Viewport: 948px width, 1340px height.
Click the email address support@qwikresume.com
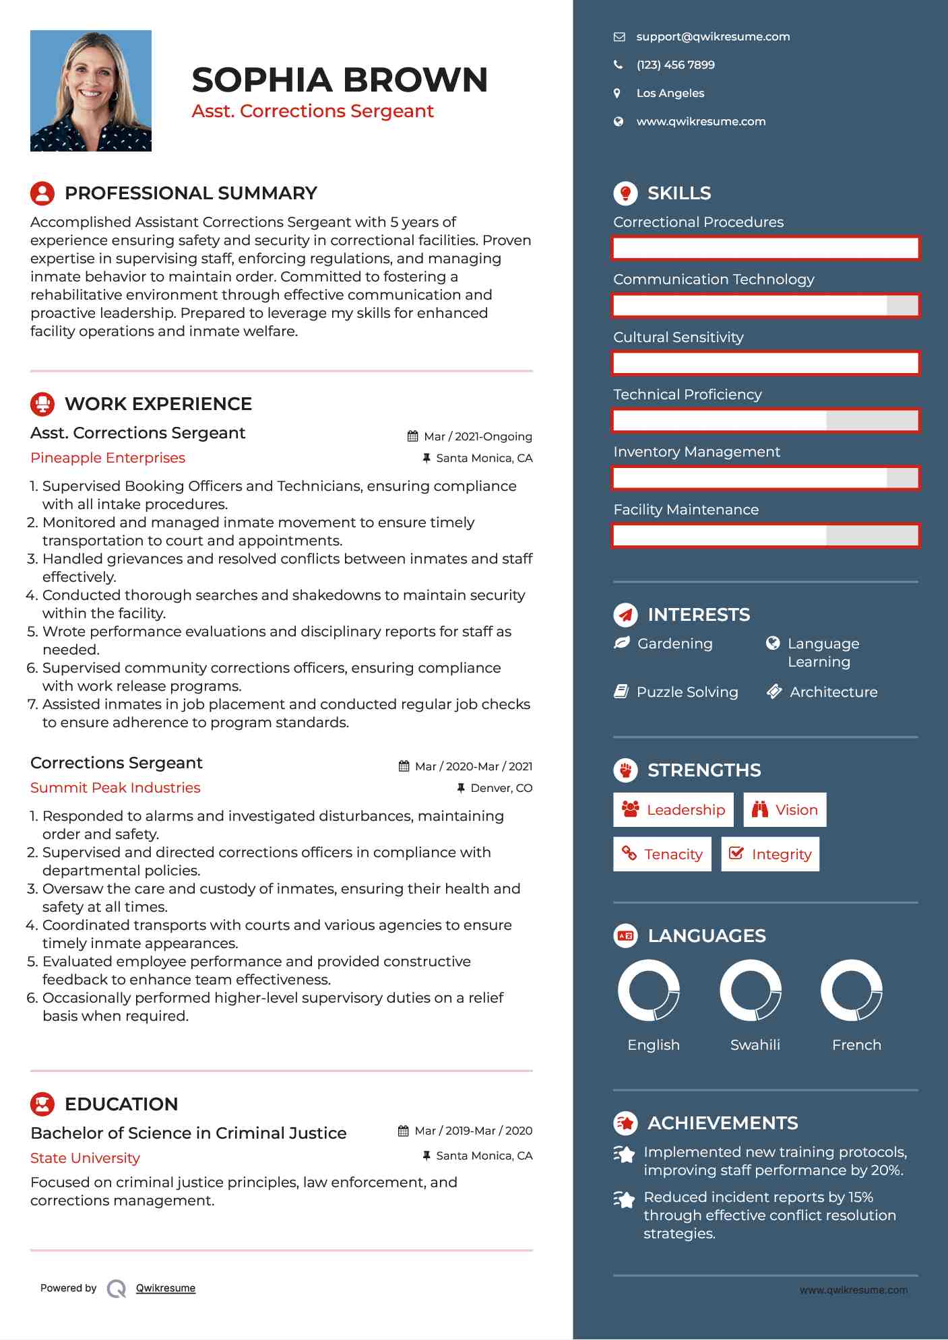712,37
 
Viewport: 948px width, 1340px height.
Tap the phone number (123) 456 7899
675,65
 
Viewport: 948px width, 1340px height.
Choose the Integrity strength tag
770,854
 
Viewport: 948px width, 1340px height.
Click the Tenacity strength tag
662,854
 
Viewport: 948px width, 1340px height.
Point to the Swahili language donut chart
750,991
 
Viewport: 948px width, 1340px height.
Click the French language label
856,1044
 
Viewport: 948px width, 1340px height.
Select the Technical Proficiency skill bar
765,421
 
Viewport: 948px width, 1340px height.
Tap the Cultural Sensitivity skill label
678,337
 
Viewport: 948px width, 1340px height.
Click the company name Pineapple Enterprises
108,458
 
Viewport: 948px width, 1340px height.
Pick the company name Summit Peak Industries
115,788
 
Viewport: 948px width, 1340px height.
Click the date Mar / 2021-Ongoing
477,436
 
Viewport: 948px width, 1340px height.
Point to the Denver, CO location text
501,788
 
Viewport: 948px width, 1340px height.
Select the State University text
85,1158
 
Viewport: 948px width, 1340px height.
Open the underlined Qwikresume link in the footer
166,1288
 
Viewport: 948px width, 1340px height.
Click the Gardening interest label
674,644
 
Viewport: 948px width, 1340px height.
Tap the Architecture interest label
833,692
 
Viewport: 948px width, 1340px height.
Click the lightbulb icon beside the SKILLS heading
625,193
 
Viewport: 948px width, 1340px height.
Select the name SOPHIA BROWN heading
340,80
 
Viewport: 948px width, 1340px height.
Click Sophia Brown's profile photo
91,91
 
